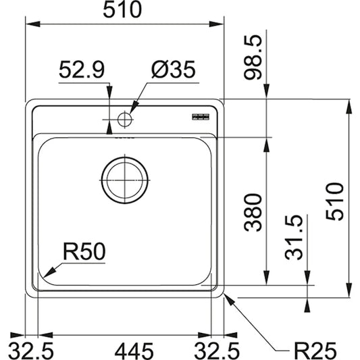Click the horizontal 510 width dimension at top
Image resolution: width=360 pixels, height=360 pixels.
click(x=124, y=10)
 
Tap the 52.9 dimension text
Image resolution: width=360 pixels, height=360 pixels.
click(x=81, y=70)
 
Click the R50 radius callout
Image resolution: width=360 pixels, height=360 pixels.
click(x=84, y=252)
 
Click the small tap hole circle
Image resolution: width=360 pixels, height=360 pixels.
click(x=124, y=120)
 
